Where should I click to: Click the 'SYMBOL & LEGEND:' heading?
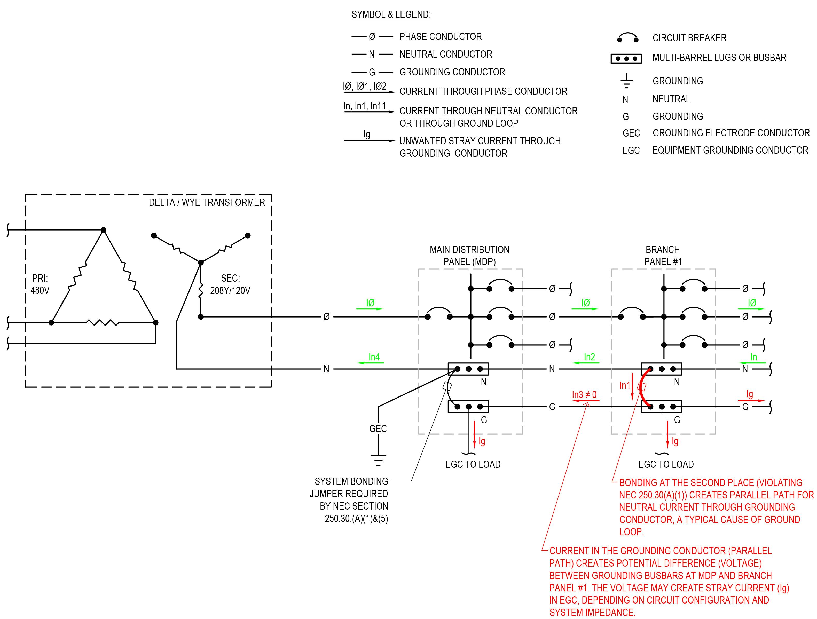pos(391,15)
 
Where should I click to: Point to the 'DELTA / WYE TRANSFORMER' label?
pos(207,202)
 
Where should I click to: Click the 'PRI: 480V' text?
pos(40,284)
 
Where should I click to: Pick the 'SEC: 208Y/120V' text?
pos(230,284)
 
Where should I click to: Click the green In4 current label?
pos(374,357)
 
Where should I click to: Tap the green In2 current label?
pos(590,357)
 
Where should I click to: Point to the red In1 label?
pos(625,386)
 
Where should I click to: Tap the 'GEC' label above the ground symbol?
pos(378,429)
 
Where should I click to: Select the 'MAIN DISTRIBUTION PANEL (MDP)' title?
pos(469,256)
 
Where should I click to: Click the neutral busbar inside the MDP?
pos(468,369)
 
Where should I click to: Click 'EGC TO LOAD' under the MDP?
pos(473,464)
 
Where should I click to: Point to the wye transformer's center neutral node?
pos(201,263)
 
